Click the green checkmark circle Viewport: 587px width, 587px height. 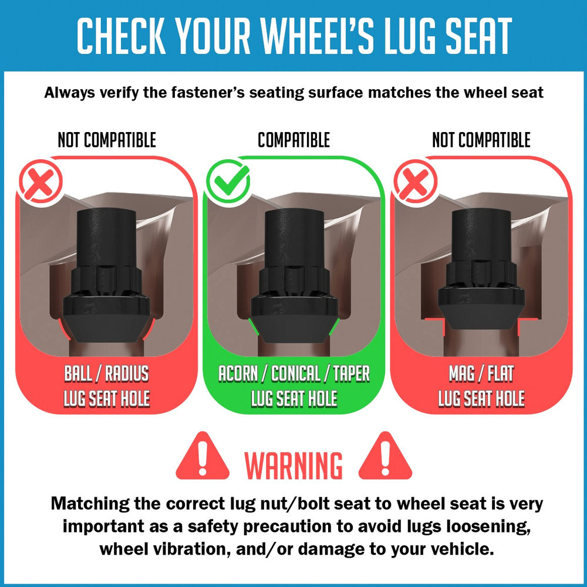point(228,181)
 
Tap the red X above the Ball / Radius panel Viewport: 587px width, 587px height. point(41,181)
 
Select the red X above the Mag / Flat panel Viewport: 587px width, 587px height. point(415,181)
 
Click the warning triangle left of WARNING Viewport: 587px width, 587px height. point(203,456)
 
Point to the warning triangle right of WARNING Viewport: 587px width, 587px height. point(385,456)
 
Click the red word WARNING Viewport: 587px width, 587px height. point(293,465)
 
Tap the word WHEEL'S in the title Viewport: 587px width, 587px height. point(318,35)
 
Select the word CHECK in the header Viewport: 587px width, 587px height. point(121,35)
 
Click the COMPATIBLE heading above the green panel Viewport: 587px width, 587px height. point(294,140)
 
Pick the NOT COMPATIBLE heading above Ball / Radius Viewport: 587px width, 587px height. point(107,140)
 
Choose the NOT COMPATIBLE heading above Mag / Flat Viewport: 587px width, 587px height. point(481,140)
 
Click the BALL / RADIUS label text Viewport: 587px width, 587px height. point(107,373)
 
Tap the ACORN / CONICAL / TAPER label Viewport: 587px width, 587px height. point(294,373)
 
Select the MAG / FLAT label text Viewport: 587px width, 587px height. point(481,373)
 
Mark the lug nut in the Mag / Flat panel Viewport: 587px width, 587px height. point(481,269)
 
